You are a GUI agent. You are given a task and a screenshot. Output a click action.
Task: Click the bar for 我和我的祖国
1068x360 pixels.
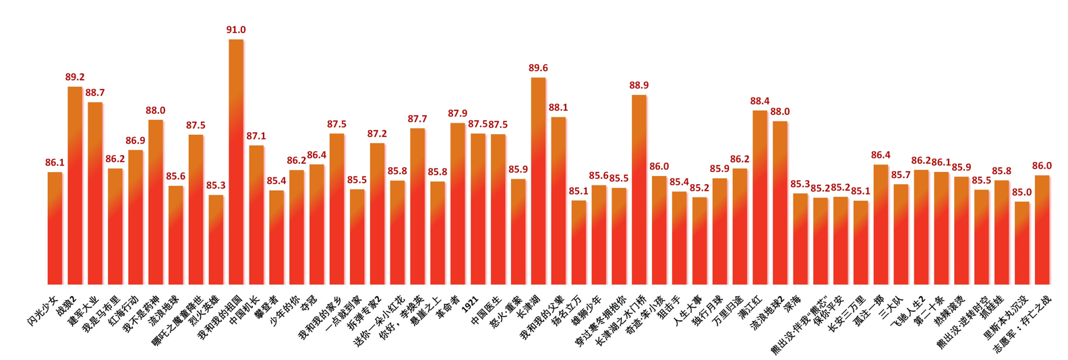236,162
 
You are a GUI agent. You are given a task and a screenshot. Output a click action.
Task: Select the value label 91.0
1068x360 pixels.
236,30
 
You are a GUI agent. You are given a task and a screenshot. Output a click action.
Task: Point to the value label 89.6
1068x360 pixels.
538,68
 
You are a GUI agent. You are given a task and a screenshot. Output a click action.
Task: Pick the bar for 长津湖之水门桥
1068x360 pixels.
639,189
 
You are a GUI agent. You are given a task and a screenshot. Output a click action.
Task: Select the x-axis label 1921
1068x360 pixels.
471,301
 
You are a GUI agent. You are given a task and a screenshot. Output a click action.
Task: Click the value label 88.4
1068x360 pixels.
760,101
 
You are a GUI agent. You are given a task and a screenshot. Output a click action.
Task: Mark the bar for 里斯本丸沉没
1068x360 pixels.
1022,243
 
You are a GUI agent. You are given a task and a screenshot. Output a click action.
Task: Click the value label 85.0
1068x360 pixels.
1022,192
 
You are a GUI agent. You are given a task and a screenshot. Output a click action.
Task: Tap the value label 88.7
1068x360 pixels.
95,93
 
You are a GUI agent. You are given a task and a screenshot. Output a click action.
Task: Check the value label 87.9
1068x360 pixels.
457,114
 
